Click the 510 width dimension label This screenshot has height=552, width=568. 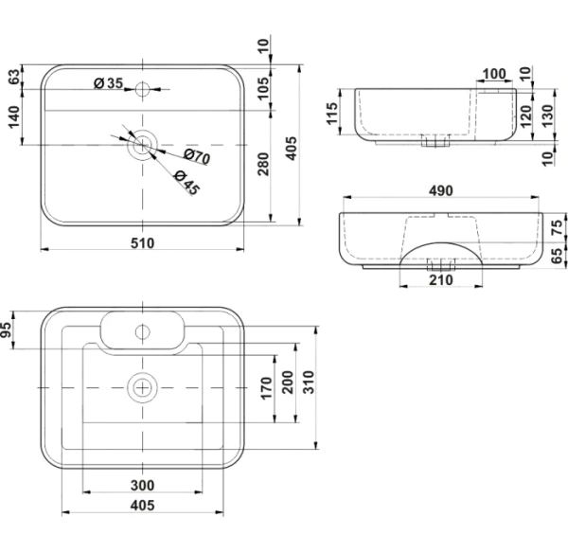(142, 242)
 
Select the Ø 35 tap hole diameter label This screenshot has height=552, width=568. (109, 83)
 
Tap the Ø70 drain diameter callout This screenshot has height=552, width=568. (197, 156)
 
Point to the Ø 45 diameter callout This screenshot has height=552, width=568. (186, 182)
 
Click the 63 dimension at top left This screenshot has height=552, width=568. (14, 77)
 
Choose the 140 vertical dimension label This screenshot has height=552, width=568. (14, 116)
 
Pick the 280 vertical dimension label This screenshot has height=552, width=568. (264, 164)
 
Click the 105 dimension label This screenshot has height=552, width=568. (264, 88)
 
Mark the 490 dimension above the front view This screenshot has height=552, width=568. (441, 191)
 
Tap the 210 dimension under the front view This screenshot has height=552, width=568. (441, 280)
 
